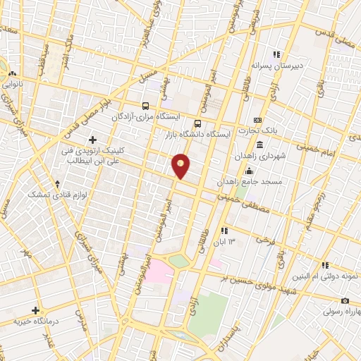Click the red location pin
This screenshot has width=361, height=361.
pyautogui.click(x=181, y=165)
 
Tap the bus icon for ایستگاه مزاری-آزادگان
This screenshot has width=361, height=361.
pyautogui.click(x=145, y=105)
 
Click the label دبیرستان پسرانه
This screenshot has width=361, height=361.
pyautogui.click(x=278, y=66)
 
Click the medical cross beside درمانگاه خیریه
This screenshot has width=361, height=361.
pyautogui.click(x=35, y=310)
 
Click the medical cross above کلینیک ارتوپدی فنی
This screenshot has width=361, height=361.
pyautogui.click(x=92, y=140)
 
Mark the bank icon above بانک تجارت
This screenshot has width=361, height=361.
pyautogui.click(x=257, y=120)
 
